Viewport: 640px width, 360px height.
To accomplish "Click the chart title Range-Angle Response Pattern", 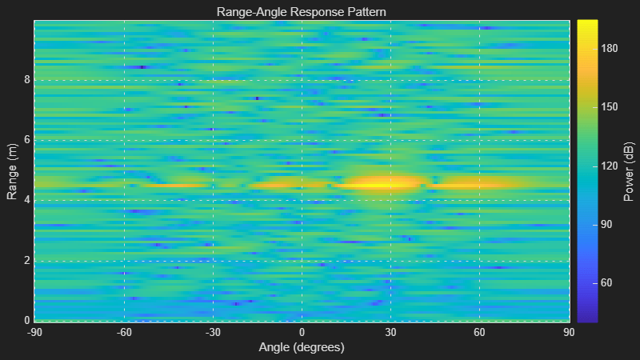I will [302, 12].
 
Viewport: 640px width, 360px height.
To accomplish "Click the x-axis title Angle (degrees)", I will [302, 347].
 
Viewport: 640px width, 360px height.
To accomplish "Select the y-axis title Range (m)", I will [12, 171].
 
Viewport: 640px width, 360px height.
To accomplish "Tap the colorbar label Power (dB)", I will [630, 171].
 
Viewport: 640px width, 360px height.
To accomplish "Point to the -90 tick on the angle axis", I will [35, 332].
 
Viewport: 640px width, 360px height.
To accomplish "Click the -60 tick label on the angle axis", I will [124, 332].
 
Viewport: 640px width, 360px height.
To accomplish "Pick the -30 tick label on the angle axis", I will [213, 332].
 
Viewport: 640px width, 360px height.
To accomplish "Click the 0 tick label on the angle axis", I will [302, 332].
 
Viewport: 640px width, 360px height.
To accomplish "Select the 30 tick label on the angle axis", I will [390, 332].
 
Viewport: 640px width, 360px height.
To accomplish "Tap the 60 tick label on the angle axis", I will [479, 332].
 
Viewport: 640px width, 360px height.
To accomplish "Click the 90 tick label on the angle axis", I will [568, 332].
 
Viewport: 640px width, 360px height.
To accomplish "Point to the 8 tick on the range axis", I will [26, 80].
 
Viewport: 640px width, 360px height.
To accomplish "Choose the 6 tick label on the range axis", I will [26, 140].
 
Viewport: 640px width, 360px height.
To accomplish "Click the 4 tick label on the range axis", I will [26, 200].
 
